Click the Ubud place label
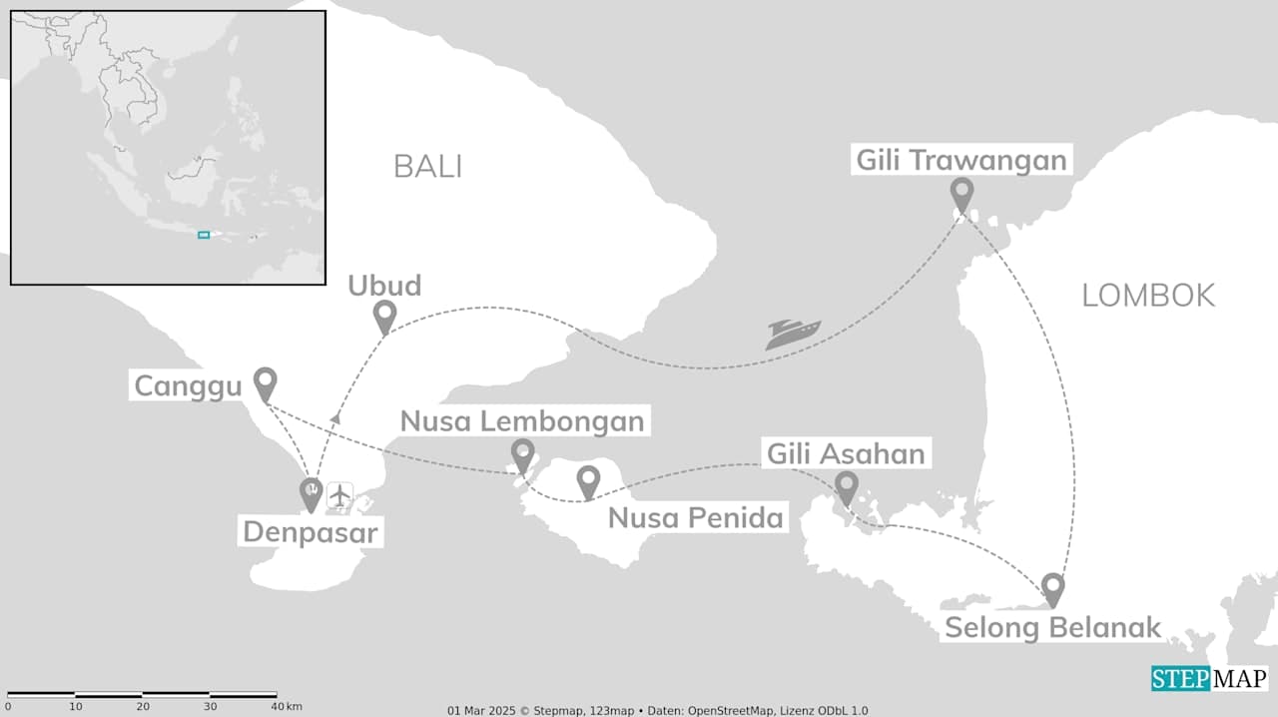[x=384, y=286]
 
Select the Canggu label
[x=189, y=386]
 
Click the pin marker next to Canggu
[x=265, y=382]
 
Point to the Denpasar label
[x=311, y=532]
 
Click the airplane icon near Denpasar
[x=340, y=494]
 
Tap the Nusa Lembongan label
[x=522, y=420]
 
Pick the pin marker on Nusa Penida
[x=588, y=481]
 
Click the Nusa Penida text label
[x=696, y=517]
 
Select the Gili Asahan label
[x=846, y=454]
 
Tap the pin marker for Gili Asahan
[x=846, y=487]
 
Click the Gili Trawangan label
[x=961, y=160]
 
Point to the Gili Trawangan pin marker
[x=961, y=194]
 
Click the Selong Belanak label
[x=1052, y=628]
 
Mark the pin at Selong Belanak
[x=1052, y=588]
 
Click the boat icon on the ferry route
[x=793, y=334]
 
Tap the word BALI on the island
[x=427, y=166]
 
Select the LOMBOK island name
[x=1148, y=295]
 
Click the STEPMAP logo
[x=1209, y=679]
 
